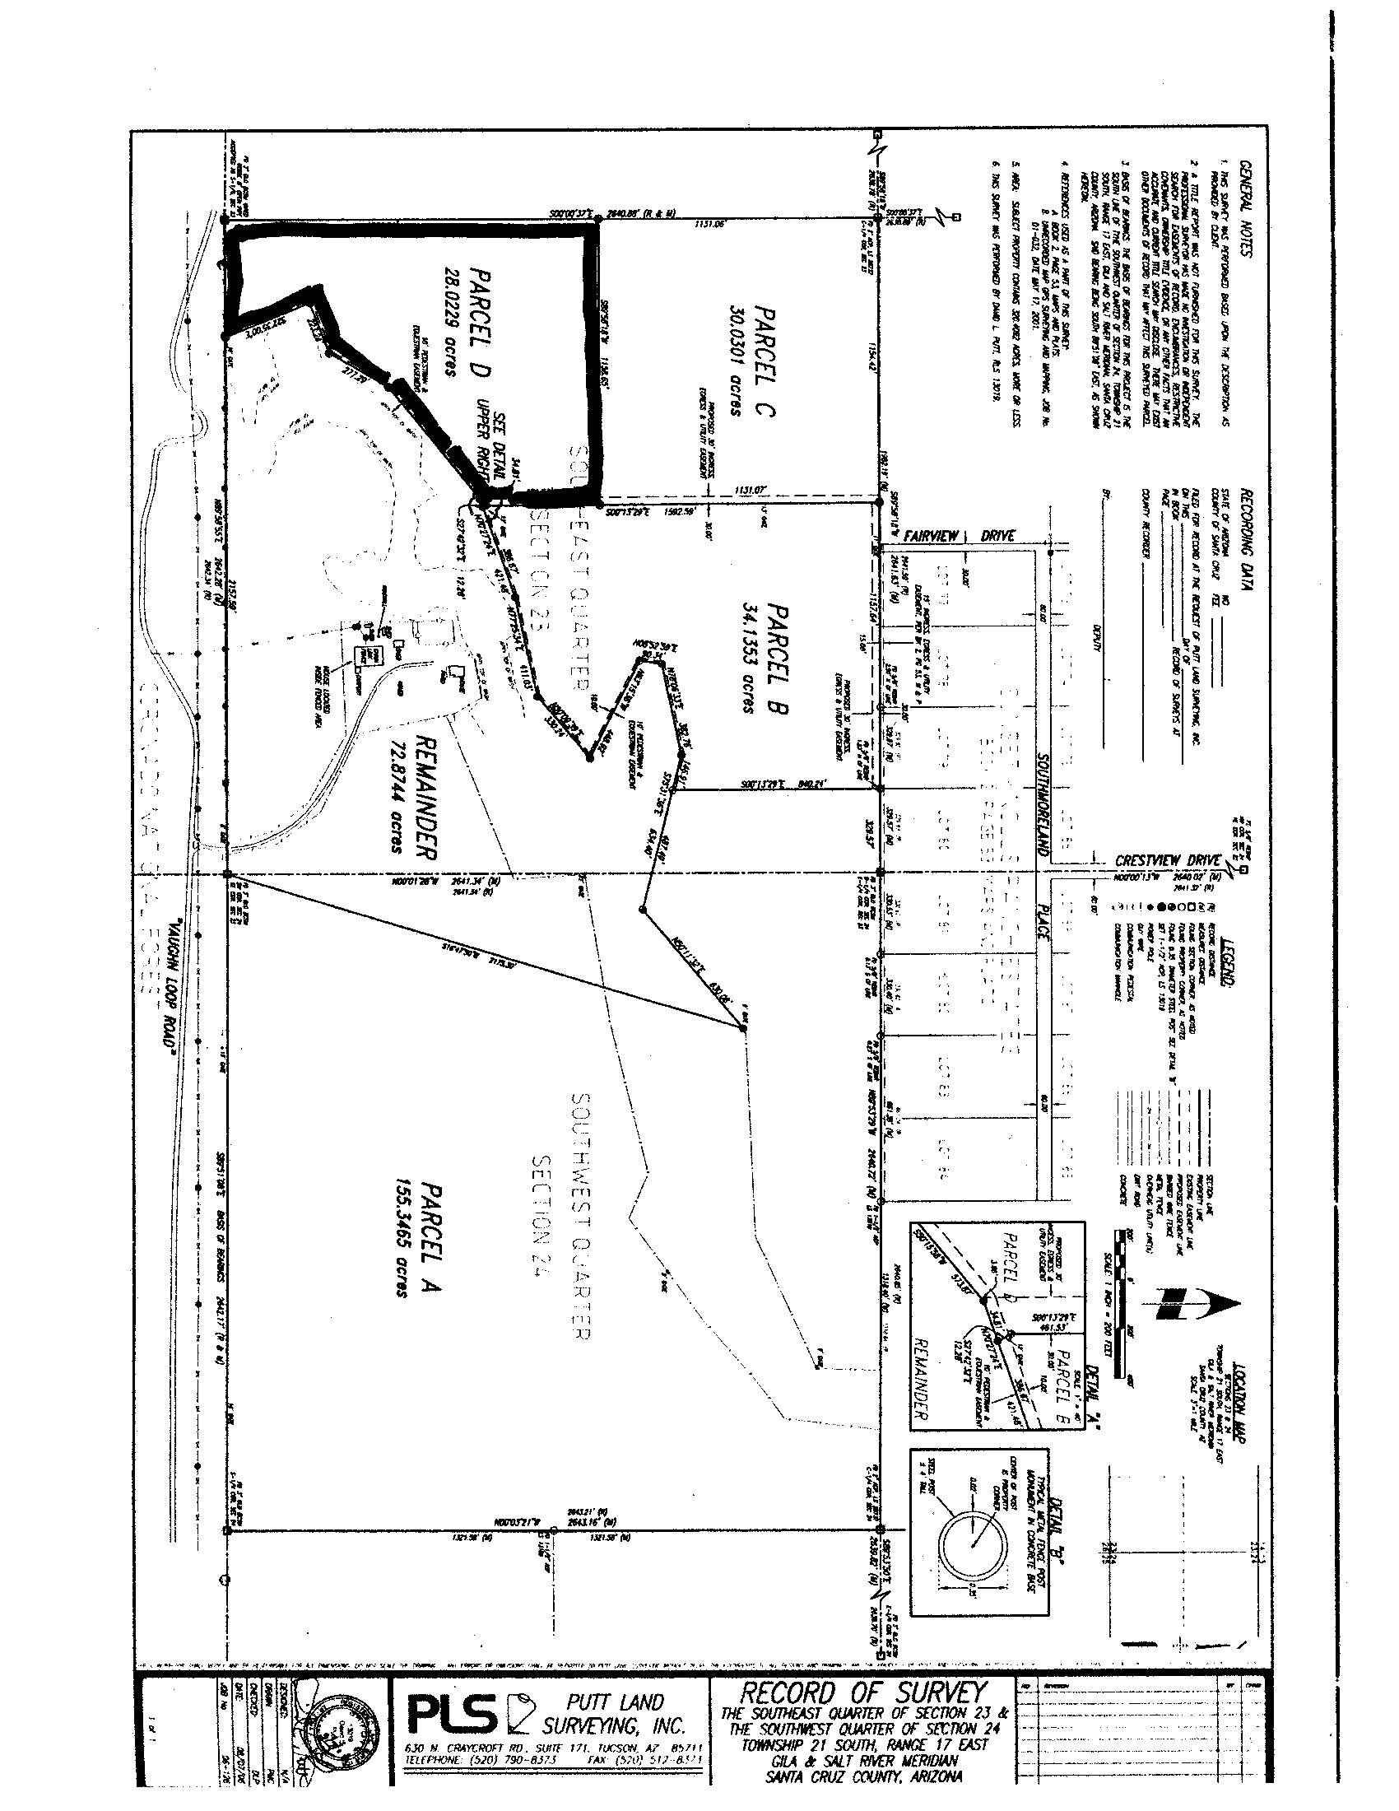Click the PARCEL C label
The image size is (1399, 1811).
(765, 362)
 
